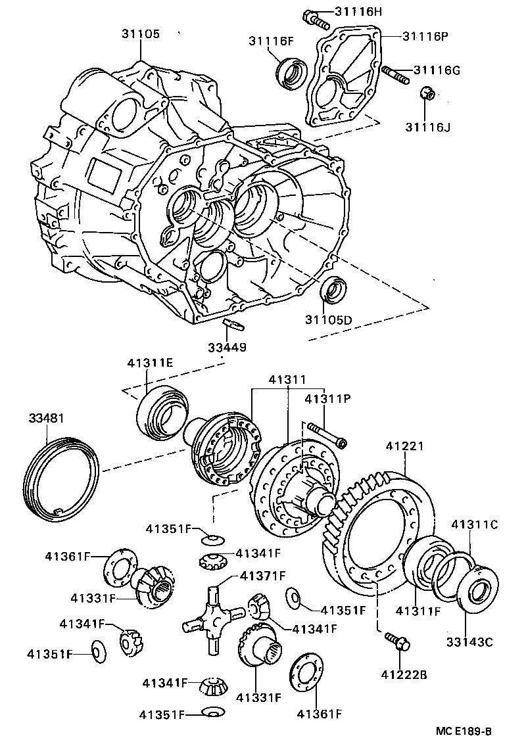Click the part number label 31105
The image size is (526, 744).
[139, 34]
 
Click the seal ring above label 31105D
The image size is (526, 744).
[333, 290]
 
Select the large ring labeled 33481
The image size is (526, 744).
[62, 478]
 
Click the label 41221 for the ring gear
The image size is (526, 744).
[404, 446]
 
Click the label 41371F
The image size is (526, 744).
[262, 576]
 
